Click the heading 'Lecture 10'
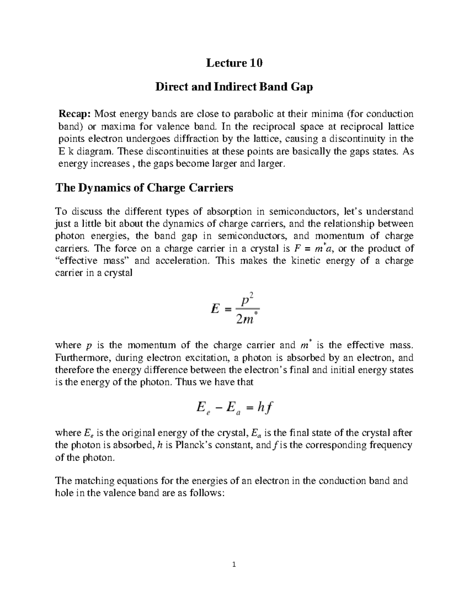tap(234, 63)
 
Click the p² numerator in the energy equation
tap(245, 301)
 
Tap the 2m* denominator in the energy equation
tap(245, 320)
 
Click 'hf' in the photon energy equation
tap(265, 408)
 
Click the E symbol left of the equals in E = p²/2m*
tap(215, 310)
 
